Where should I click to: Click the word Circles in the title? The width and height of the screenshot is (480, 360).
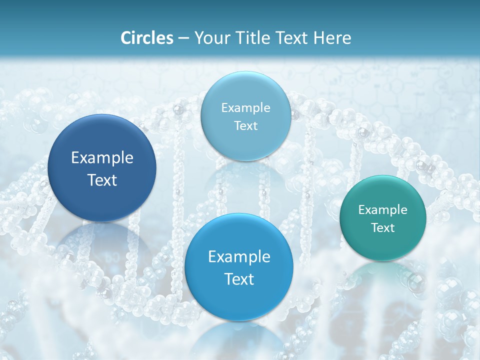click(x=146, y=38)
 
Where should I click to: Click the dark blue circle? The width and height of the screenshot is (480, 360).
click(x=102, y=168)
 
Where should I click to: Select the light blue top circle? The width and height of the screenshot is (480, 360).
click(x=245, y=116)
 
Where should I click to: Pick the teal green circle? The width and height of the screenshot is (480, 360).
click(x=382, y=218)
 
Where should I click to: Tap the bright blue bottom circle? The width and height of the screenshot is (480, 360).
click(x=239, y=267)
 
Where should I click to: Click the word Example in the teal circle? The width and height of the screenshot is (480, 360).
click(x=382, y=209)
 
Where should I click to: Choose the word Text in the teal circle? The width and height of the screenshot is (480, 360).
click(x=383, y=228)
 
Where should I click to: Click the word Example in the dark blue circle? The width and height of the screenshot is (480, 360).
click(x=102, y=158)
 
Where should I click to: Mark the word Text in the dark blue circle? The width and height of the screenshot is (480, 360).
click(x=102, y=180)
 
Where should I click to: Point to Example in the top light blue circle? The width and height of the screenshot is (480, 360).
click(x=245, y=107)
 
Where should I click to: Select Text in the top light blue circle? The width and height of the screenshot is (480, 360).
click(x=245, y=125)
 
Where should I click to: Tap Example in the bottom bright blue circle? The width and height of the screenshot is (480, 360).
click(x=239, y=257)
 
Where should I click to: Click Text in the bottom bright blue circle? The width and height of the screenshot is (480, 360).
click(x=239, y=279)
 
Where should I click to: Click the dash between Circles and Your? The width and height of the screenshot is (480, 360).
click(x=183, y=38)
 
